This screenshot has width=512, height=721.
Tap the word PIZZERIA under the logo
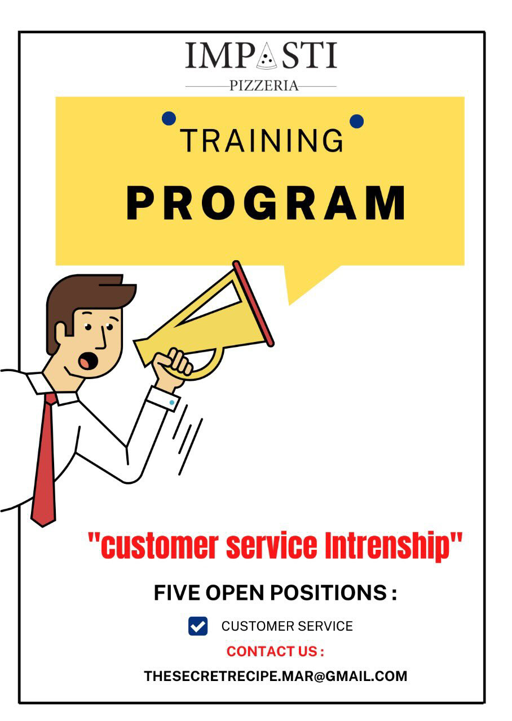[x=264, y=86]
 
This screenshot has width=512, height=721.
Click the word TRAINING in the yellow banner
[x=261, y=140]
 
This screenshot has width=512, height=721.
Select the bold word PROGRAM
[x=266, y=203]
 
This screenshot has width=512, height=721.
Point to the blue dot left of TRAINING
[x=169, y=118]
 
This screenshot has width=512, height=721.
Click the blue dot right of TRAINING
[x=357, y=121]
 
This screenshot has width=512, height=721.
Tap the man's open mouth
[x=87, y=361]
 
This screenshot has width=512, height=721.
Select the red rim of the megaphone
[x=253, y=304]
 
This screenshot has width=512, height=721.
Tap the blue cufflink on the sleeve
[x=172, y=402]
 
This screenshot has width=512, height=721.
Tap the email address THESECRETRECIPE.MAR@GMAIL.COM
[x=276, y=676]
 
